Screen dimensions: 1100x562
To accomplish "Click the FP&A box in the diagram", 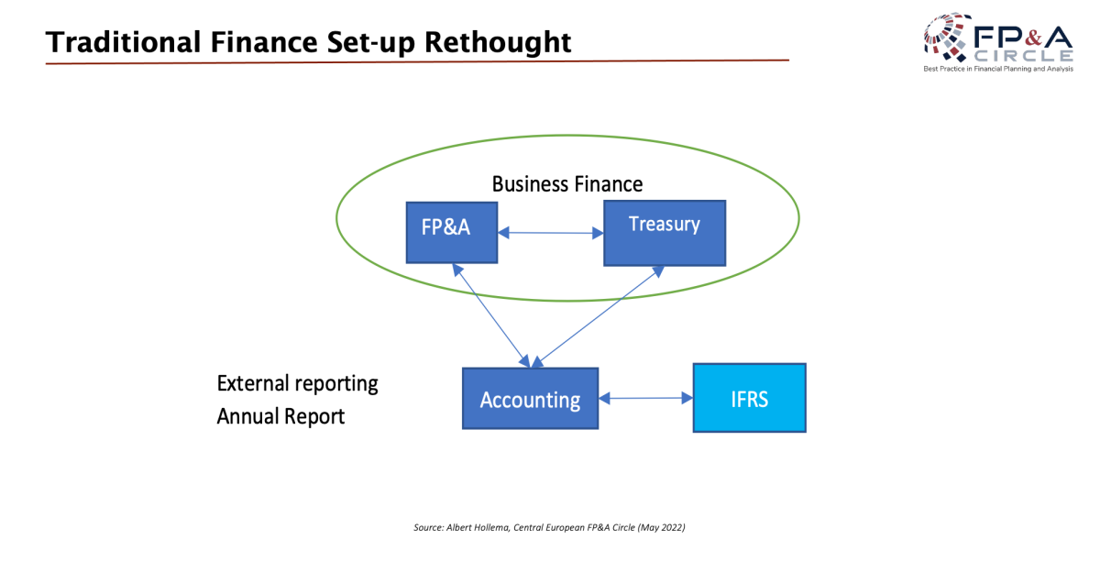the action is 452,232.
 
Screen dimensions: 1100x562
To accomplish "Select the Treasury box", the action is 665,233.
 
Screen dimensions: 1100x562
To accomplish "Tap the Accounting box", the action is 531,399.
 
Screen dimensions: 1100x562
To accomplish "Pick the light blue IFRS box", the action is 750,398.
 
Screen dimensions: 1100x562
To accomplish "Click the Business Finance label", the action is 567,184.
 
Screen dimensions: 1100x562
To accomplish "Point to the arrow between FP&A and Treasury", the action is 551,233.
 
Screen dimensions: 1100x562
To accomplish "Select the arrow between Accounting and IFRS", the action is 645,398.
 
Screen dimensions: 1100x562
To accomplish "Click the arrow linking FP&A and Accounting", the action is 491,316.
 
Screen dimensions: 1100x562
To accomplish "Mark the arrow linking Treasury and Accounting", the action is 598,317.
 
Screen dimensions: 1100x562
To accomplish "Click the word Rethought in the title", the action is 498,42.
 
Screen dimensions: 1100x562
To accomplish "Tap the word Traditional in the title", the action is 123,42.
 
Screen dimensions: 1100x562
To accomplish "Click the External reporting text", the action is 297,383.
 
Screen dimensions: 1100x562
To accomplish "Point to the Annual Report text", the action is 280,416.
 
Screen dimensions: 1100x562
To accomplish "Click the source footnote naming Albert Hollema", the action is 549,527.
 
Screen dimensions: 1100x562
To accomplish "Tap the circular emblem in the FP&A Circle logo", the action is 948,37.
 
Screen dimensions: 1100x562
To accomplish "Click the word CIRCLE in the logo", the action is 1024,56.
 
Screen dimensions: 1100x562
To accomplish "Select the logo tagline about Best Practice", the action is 998,69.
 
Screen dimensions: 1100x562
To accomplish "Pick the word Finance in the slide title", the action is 264,42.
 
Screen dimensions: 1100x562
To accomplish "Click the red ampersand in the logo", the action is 1033,38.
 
